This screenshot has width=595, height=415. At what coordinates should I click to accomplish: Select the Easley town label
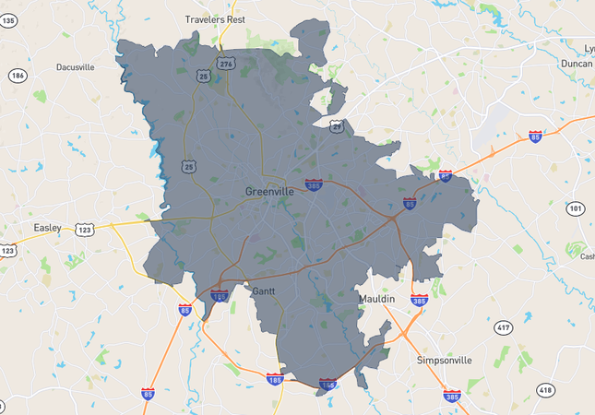[46, 228]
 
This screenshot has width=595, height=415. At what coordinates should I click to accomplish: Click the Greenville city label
[269, 191]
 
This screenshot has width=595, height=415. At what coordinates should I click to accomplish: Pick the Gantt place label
[264, 290]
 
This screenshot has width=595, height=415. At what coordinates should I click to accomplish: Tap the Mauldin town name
[376, 300]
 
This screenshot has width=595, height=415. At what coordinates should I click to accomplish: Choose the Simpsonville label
[444, 360]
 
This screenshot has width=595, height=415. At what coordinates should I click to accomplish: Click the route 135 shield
[8, 20]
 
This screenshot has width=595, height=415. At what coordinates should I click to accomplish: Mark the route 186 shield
[18, 75]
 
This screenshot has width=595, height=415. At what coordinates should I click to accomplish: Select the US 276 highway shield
[226, 63]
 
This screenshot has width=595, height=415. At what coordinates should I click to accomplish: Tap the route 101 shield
[576, 208]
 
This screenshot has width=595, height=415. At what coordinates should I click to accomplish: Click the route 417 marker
[503, 327]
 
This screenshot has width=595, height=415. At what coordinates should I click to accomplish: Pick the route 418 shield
[546, 390]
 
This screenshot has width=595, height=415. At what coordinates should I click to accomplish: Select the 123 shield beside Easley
[86, 229]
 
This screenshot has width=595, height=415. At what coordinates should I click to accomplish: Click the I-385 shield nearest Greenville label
[315, 184]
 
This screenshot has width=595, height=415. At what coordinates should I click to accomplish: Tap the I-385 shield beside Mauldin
[419, 301]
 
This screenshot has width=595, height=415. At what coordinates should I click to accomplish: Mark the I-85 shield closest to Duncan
[535, 135]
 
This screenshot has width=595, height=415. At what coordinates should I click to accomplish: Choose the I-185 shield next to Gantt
[219, 296]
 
